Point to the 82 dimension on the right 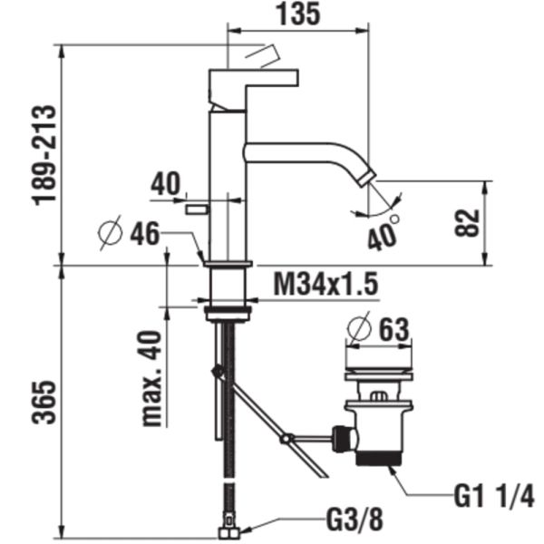(465, 223)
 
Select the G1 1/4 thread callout (493, 497)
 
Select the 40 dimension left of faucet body (166, 184)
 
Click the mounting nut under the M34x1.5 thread (227, 314)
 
